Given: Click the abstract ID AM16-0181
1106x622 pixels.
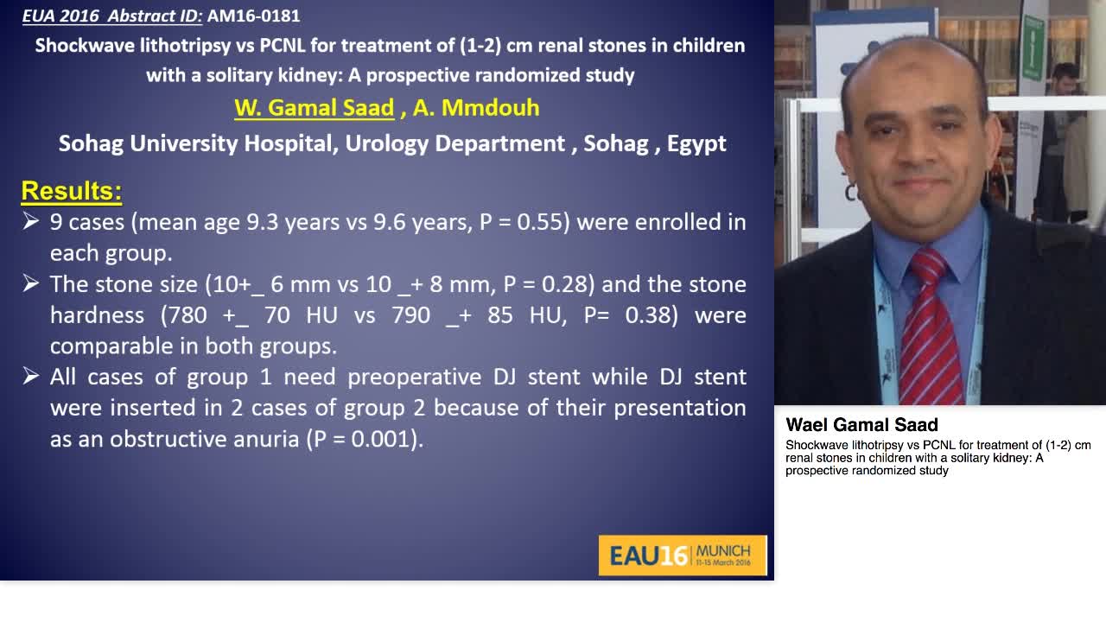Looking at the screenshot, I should (x=253, y=16).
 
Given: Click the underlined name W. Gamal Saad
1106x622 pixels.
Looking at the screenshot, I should (x=314, y=108).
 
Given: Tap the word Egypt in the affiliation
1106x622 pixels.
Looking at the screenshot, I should (x=696, y=143).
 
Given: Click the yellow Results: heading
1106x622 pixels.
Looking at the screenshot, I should (x=71, y=190).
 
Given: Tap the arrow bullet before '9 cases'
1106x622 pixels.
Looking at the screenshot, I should (x=31, y=222).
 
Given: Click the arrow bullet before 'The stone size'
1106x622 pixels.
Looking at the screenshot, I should (x=31, y=284).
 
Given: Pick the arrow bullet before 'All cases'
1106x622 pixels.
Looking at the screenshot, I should (x=31, y=377).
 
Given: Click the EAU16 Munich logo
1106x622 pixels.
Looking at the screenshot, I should (x=682, y=555).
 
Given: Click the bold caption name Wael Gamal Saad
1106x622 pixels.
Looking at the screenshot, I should (x=861, y=425).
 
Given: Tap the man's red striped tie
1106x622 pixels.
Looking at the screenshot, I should (x=930, y=328).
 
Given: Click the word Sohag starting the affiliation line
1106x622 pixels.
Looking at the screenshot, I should (x=91, y=143).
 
